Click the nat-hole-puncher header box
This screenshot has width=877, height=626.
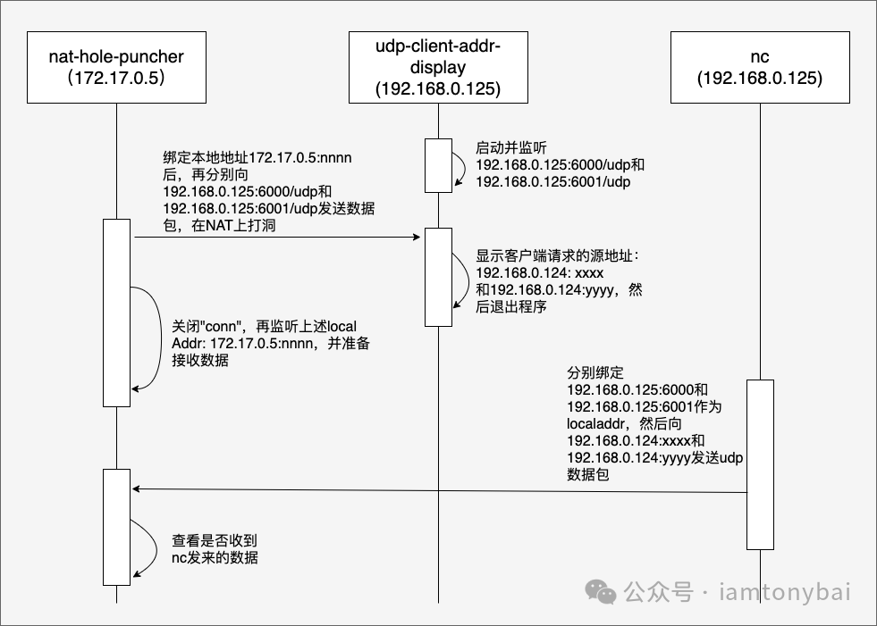116,67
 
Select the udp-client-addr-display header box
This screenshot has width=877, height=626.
438,67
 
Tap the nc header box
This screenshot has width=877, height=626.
760,67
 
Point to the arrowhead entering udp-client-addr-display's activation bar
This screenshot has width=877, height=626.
417,238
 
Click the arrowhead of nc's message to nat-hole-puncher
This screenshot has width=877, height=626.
137,489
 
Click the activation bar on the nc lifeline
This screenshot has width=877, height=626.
760,464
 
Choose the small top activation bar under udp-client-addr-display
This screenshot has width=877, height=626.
438,165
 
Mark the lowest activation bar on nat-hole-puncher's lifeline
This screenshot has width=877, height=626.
116,527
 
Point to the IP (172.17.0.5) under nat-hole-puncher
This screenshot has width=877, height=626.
116,79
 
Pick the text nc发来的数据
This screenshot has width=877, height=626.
215,558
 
